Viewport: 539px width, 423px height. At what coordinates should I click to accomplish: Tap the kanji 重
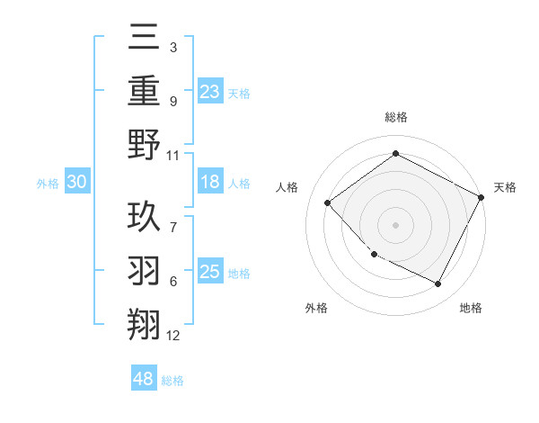click(x=145, y=92)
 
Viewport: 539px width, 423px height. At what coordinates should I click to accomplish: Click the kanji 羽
click(x=145, y=271)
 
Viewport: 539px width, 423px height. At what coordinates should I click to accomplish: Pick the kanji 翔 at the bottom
click(x=145, y=324)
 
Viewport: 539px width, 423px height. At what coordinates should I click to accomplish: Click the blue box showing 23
click(x=209, y=92)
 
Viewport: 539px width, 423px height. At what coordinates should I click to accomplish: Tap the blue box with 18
click(x=209, y=182)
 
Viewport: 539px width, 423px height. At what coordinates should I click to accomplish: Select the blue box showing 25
click(x=209, y=272)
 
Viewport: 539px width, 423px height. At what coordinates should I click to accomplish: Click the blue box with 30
click(x=76, y=182)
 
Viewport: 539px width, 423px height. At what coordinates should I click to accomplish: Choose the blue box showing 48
click(x=144, y=379)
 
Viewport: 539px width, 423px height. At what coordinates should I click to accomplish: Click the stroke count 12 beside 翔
click(x=173, y=336)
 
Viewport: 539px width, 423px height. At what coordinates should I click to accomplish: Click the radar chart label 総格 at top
click(x=395, y=117)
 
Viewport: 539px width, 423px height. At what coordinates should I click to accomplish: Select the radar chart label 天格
click(x=505, y=187)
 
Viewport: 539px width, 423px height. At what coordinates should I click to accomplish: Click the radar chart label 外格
click(x=316, y=308)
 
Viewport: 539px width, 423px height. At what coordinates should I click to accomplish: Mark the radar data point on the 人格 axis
click(x=328, y=202)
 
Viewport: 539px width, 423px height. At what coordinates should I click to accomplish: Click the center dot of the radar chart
click(x=395, y=224)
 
